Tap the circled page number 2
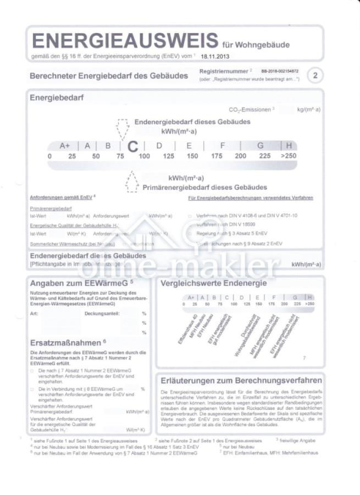tap(315, 75)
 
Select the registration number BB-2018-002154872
tap(280, 71)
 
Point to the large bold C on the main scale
tap(132, 146)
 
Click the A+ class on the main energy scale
tap(65, 146)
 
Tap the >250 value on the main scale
tap(289, 156)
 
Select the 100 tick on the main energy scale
tap(144, 156)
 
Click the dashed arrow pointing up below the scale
tap(131, 182)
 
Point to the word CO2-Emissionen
tap(250, 110)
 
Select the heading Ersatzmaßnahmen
tap(65, 342)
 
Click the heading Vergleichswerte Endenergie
tap(213, 283)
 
